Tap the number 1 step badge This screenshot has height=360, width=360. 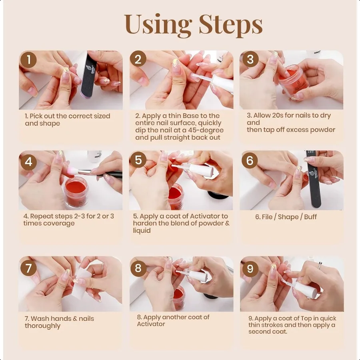point(28,60)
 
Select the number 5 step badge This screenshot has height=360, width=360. point(138,160)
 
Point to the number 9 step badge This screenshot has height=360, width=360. point(250,268)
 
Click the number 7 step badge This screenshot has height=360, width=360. point(28,268)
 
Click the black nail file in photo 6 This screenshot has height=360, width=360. point(314,178)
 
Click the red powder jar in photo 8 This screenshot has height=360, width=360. point(179,297)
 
